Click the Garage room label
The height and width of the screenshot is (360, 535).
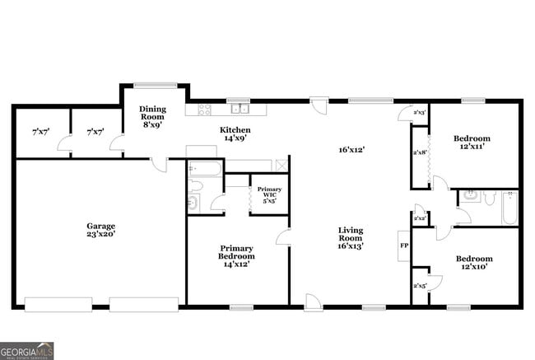click(101, 226)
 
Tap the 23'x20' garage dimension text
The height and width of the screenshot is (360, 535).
click(101, 235)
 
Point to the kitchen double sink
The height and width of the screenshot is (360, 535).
click(240, 108)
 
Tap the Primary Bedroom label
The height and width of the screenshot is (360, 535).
click(235, 252)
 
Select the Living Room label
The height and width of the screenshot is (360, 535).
click(351, 234)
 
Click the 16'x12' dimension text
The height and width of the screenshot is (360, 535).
click(351, 150)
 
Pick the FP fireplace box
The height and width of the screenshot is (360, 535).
click(404, 245)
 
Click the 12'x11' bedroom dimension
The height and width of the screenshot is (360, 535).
click(472, 146)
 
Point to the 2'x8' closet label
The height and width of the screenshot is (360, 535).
click(419, 152)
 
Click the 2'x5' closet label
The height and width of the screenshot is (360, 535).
click(419, 285)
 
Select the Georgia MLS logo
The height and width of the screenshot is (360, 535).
click(27, 351)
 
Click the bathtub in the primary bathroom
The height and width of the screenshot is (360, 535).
click(205, 171)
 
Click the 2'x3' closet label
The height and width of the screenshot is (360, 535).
click(419, 112)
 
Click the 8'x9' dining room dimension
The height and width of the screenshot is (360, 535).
click(152, 124)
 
